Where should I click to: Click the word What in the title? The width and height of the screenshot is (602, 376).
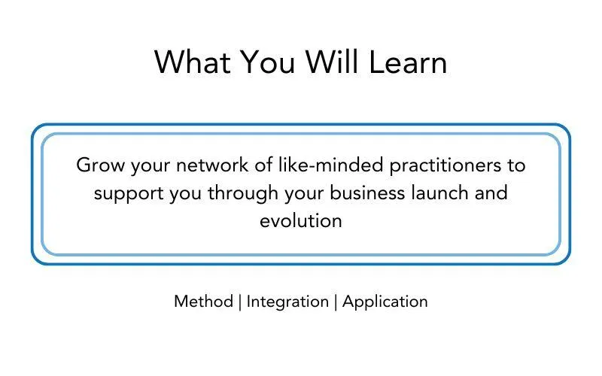pyautogui.click(x=193, y=62)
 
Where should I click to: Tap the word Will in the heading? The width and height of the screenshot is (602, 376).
pyautogui.click(x=332, y=62)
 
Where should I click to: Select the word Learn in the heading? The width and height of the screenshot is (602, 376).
pyautogui.click(x=408, y=62)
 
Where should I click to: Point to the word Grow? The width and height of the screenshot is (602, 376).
pyautogui.click(x=101, y=165)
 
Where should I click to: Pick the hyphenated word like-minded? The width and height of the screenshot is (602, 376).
pyautogui.click(x=331, y=165)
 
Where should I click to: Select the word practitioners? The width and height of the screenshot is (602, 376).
pyautogui.click(x=445, y=165)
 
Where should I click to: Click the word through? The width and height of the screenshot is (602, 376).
pyautogui.click(x=243, y=193)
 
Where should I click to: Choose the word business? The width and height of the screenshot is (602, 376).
pyautogui.click(x=367, y=193)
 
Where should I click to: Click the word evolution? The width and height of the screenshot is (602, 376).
pyautogui.click(x=301, y=220)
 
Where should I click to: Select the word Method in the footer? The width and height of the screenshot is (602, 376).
pyautogui.click(x=203, y=302)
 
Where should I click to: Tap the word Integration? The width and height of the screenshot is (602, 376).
pyautogui.click(x=287, y=302)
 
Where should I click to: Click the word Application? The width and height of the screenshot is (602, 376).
pyautogui.click(x=385, y=302)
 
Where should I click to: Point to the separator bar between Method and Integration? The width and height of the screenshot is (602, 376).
pyautogui.click(x=240, y=302)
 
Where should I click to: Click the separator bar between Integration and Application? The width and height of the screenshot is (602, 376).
pyautogui.click(x=336, y=302)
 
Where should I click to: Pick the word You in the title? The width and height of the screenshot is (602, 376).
pyautogui.click(x=268, y=62)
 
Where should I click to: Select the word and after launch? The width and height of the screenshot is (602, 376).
pyautogui.click(x=491, y=193)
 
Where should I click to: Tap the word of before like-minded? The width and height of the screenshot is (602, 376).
pyautogui.click(x=263, y=165)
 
